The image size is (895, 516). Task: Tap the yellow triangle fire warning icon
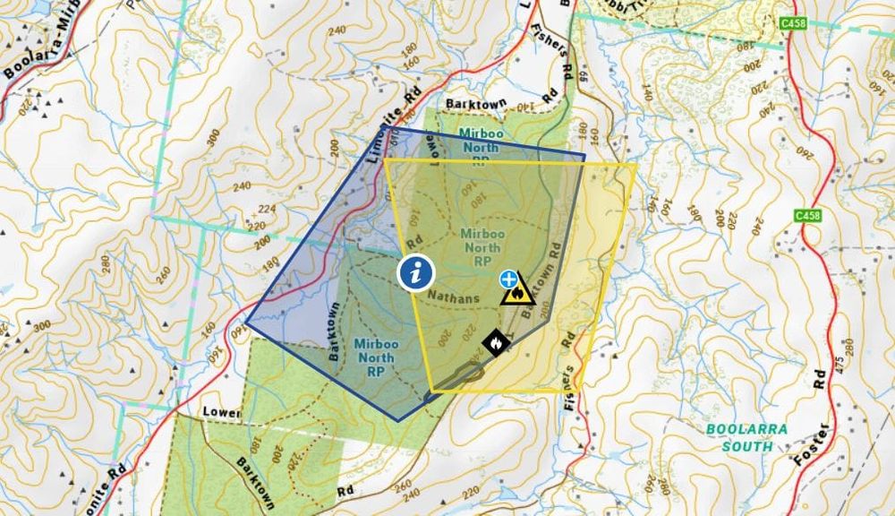[517, 290]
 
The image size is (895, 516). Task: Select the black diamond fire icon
[493, 341]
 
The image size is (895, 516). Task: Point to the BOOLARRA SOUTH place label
[746, 437]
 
